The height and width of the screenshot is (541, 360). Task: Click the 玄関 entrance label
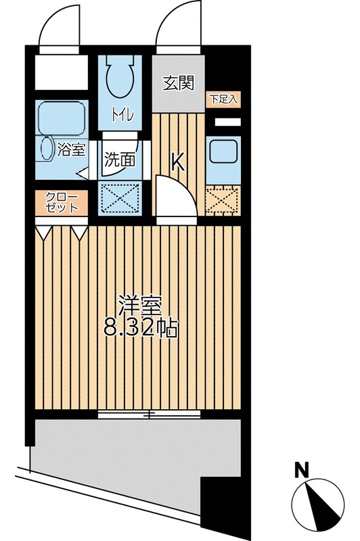pos(179,83)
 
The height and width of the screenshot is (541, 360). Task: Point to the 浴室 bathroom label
pos(72,149)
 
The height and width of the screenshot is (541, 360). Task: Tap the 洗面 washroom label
pos(119,160)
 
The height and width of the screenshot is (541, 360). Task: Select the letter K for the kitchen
pos(177,162)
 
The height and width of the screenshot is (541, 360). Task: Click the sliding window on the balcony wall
pos(149,413)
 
